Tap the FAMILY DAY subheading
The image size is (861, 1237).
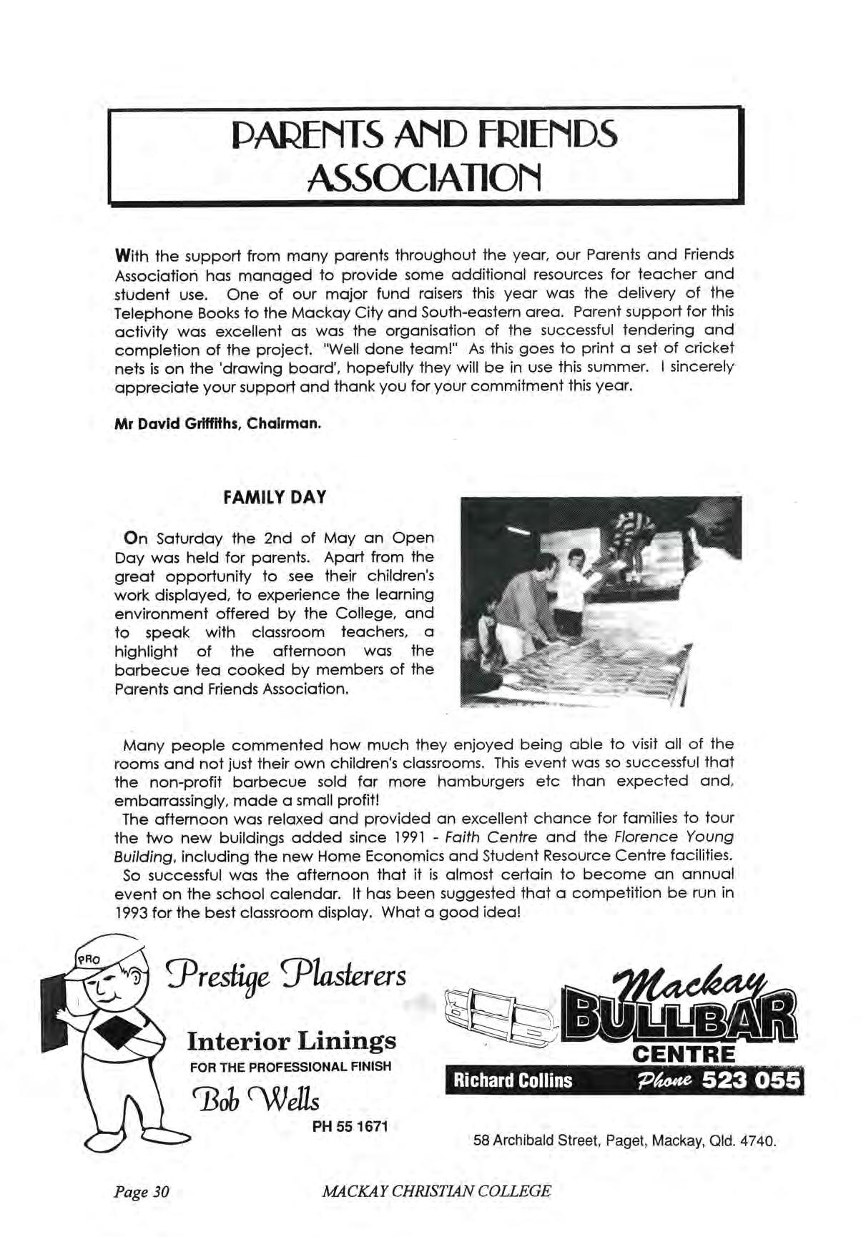pos(275,497)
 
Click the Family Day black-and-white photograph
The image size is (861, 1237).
pos(601,602)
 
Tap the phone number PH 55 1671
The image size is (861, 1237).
pos(350,1128)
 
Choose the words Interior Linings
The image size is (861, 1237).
pos(291,1040)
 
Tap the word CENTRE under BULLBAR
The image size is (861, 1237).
pos(684,1055)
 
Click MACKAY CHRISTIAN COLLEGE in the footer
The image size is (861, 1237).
pos(437,1191)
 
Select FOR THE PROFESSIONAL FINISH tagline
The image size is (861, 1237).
pos(290,1067)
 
